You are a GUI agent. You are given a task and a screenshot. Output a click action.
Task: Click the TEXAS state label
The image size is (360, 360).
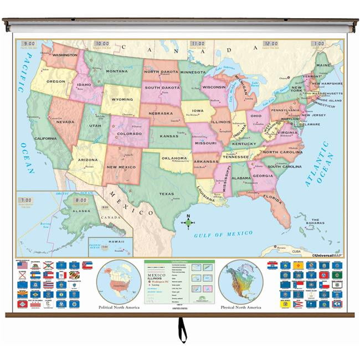pyautogui.click(x=166, y=194)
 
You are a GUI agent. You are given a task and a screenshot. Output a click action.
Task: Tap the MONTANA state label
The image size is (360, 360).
pyautogui.click(x=117, y=71)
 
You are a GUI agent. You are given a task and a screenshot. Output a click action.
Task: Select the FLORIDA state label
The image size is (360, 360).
pyautogui.click(x=273, y=196)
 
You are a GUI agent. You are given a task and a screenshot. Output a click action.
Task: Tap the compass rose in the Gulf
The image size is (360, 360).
pyautogui.click(x=188, y=223)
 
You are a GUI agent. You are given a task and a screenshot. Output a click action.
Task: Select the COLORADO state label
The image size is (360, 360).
pyautogui.click(x=129, y=133)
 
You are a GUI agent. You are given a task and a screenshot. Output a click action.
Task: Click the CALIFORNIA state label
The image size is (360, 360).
pyautogui.click(x=45, y=138)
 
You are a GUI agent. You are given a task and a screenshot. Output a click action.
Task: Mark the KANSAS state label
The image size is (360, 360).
pyautogui.click(x=168, y=136)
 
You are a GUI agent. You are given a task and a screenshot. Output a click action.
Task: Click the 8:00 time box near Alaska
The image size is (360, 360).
pyautogui.click(x=81, y=200)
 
